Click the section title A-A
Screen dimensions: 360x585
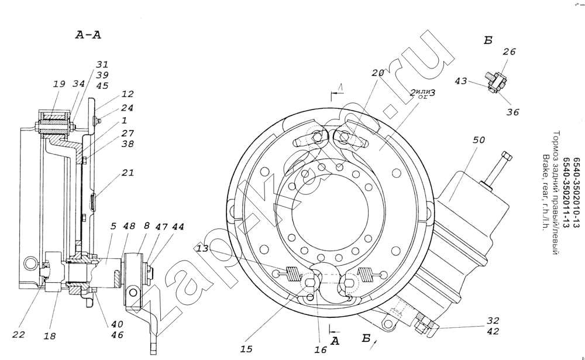(88, 35)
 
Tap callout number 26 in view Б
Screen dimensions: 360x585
(509, 52)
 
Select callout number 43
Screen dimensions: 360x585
(461, 81)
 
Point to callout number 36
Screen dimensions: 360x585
(512, 112)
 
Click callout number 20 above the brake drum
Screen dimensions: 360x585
(377, 73)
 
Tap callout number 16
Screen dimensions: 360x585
(320, 349)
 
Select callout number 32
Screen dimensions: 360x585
(493, 320)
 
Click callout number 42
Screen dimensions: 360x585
(493, 331)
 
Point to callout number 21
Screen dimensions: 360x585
(128, 173)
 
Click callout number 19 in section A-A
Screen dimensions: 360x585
(59, 84)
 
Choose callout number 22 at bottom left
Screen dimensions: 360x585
(20, 334)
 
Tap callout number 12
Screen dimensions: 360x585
(128, 94)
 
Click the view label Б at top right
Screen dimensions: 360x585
(488, 40)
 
